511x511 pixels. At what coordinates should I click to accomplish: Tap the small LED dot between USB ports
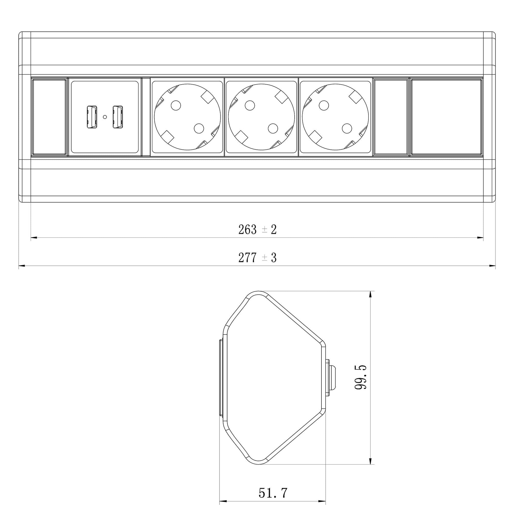(105, 117)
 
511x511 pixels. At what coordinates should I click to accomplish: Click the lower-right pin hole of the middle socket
(273, 129)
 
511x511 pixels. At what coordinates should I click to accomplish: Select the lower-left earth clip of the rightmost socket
(315, 136)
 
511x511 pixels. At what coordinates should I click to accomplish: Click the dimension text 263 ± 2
(257, 230)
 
